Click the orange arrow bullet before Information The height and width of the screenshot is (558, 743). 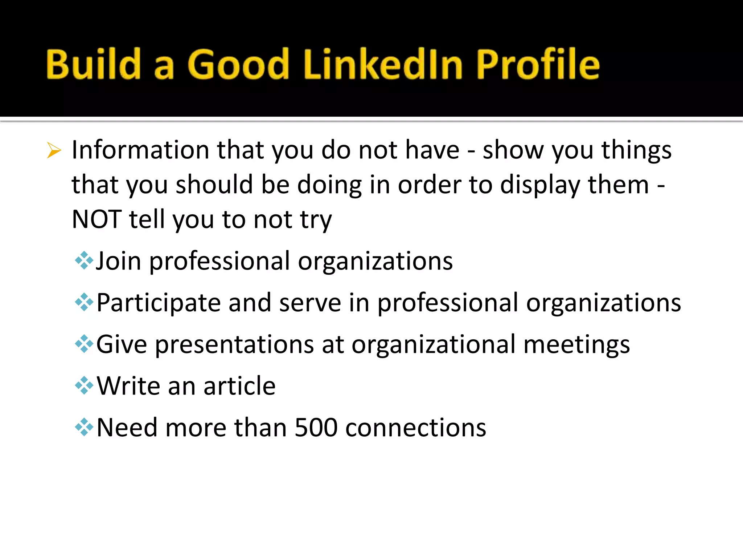[x=54, y=150]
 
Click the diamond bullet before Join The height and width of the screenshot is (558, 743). [x=84, y=260]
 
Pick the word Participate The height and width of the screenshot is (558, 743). [x=159, y=303]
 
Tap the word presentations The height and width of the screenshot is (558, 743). [x=234, y=344]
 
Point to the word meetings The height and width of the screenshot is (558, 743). [x=576, y=344]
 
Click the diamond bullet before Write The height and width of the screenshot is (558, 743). [x=84, y=385]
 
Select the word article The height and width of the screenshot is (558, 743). [x=239, y=386]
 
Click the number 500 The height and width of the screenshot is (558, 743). [x=316, y=428]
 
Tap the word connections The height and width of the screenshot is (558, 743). [x=416, y=428]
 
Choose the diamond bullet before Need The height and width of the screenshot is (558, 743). [x=84, y=427]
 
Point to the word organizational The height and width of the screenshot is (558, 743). [x=434, y=344]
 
